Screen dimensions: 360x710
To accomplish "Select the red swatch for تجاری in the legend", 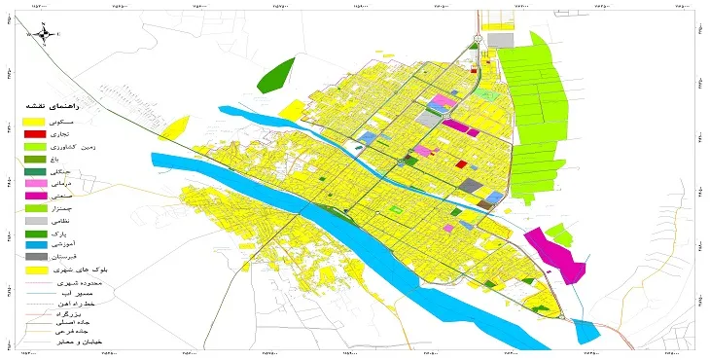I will click(x=33, y=132).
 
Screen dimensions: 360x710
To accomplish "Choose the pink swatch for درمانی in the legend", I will click(x=33, y=183).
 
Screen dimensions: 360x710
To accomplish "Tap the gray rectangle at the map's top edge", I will click(x=500, y=40).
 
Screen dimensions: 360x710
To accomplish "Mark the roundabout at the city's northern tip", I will click(x=477, y=40).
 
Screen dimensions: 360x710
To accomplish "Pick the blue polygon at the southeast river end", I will click(x=586, y=331).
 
